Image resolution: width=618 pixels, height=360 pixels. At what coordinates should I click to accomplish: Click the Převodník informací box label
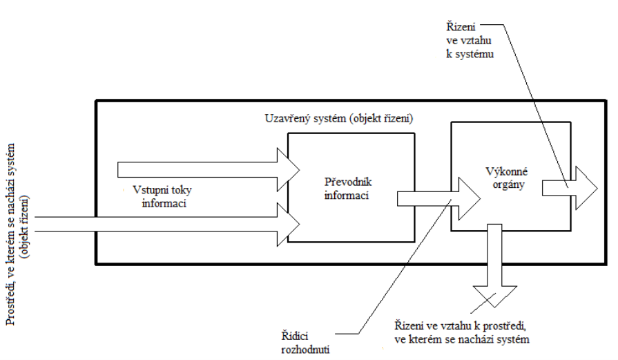pos(348,189)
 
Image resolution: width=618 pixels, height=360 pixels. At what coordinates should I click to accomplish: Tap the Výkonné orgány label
pos(506,178)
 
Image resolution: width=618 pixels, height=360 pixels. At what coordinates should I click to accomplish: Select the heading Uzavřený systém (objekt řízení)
pos(339,118)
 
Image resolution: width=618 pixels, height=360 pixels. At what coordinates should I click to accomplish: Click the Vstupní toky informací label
pos(162,196)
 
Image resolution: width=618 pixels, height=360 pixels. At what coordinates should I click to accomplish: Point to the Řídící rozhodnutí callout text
pos(305,342)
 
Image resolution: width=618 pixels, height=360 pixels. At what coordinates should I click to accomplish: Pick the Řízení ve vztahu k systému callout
pos(470,40)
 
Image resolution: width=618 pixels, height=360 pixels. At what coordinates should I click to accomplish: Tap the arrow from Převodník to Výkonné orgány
pos(438,198)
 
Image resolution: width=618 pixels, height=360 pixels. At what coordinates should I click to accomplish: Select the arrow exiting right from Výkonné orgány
pos(570,188)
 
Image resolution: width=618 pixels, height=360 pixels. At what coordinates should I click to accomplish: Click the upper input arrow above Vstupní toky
pos(209,169)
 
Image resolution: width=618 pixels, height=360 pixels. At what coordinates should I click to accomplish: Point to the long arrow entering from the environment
pos(167,224)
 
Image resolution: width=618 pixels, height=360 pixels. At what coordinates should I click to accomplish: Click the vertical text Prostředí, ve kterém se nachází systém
pos(10,234)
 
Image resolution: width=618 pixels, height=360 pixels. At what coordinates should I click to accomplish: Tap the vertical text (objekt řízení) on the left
pos(26,227)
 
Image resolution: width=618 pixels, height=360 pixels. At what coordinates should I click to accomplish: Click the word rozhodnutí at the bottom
pos(305,350)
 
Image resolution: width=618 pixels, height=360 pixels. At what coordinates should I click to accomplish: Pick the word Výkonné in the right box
pos(506,171)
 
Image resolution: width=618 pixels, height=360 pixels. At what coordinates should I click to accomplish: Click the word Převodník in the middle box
pos(348,182)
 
